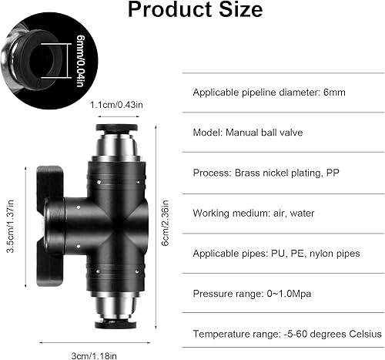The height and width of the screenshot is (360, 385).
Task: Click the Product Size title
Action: pos(195,11)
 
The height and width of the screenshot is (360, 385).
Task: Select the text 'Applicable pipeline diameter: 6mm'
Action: pos(271,91)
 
